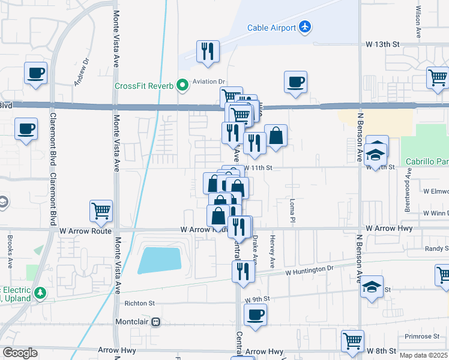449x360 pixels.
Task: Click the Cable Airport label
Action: click(271, 28)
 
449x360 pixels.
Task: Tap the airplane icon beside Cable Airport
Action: click(306, 27)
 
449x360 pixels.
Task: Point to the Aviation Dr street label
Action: click(208, 82)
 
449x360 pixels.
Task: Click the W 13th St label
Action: click(383, 44)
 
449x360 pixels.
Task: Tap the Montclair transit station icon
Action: click(156, 322)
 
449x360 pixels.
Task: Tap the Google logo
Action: click(20, 353)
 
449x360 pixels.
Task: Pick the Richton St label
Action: click(139, 304)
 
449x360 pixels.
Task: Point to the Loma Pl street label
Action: click(292, 208)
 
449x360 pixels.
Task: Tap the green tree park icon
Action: click(41, 293)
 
